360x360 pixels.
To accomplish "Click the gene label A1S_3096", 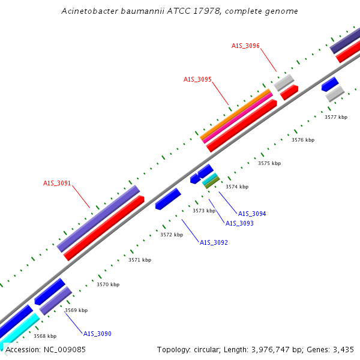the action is point(245,46).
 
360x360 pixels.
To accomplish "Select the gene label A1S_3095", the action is point(197,79).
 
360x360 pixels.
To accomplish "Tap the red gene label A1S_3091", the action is point(57,184).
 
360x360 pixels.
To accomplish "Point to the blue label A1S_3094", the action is point(252,214).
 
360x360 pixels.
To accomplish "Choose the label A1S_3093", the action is point(239,223).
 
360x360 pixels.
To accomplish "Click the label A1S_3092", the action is point(214,242).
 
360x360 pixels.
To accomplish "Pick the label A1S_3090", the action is point(97,334).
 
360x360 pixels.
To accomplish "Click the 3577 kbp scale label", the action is point(336,117).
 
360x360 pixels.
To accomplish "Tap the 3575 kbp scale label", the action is point(269,163).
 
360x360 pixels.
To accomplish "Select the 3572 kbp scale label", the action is point(171,235).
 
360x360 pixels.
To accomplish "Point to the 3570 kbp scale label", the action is point(108,284).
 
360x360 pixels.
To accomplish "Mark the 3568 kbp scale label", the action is point(45,336).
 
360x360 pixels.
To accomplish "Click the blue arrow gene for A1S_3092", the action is point(168,199).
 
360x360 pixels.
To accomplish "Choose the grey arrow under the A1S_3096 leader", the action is point(284,82).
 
